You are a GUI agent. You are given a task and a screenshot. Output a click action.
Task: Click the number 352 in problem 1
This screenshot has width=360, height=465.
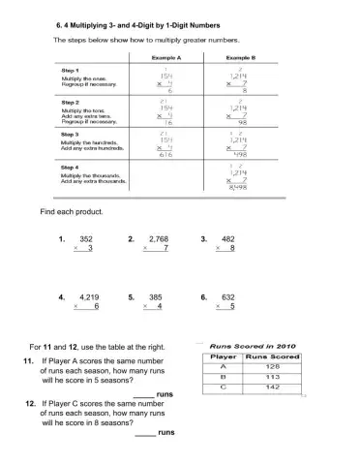(86, 237)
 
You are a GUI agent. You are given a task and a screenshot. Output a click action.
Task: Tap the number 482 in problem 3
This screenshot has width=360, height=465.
(228, 237)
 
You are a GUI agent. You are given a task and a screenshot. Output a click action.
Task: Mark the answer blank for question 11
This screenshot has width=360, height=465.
(142, 395)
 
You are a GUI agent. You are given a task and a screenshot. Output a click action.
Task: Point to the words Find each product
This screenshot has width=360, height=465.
(71, 211)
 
